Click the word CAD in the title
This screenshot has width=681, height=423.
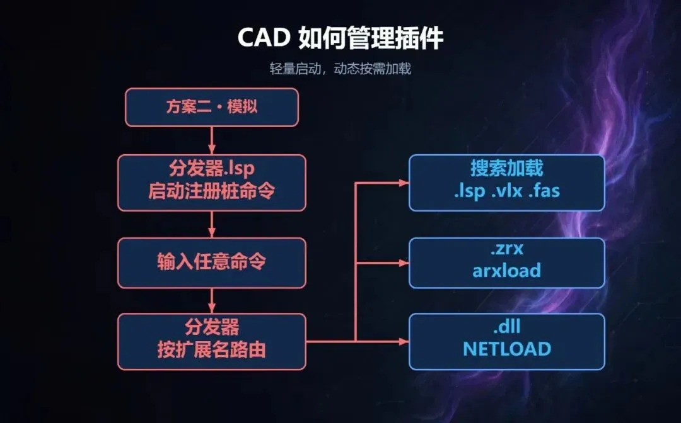coord(264,37)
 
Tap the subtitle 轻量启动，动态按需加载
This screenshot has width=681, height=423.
coord(340,69)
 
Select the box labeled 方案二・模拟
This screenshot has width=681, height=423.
coord(212,107)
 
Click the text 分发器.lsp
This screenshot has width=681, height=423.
coord(211,168)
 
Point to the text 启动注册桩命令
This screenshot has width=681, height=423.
coord(211,191)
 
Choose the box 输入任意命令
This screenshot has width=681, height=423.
coord(212,262)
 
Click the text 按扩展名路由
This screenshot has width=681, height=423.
coord(211,349)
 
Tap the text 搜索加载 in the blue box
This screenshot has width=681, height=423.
coord(507,168)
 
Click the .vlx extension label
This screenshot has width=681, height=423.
coord(507,191)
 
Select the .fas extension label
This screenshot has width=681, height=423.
coord(544,191)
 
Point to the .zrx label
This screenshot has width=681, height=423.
coord(507,249)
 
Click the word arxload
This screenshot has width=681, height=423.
coord(507,271)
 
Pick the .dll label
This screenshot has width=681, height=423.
coord(507,327)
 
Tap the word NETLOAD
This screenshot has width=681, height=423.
coord(507,349)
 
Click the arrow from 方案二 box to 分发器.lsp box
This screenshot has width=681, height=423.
coord(212,140)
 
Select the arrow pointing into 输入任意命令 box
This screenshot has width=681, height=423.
coord(212,225)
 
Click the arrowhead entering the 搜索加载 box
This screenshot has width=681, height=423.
coord(404,183)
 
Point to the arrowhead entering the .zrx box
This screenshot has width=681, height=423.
coord(404,263)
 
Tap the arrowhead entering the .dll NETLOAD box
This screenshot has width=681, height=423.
coord(404,342)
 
